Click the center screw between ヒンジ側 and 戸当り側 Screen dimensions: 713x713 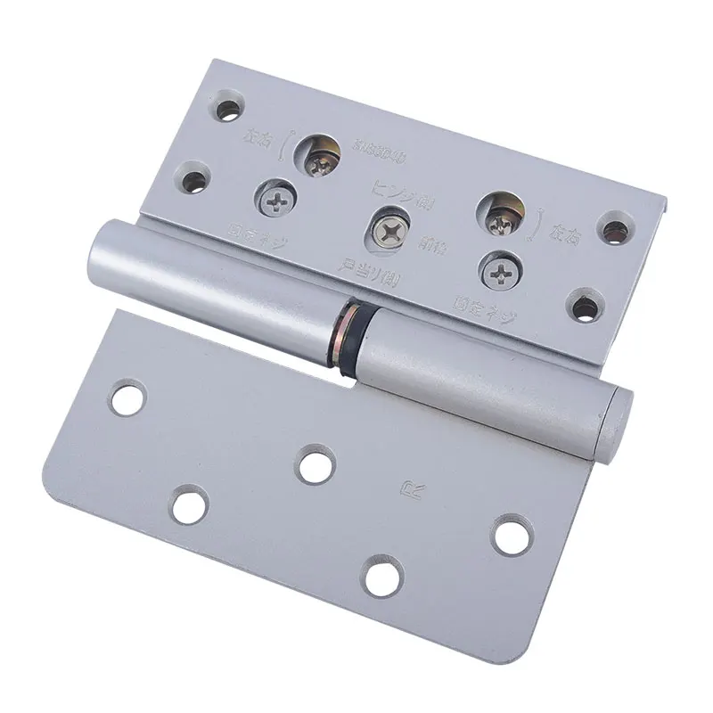tap(389, 230)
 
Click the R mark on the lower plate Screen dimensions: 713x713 tap(414, 488)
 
